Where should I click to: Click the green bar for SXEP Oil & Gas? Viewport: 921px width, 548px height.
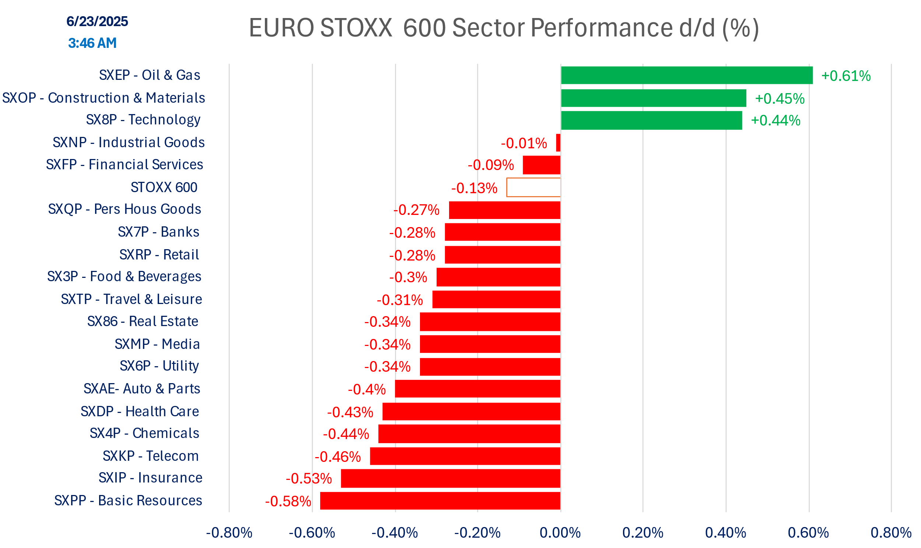687,75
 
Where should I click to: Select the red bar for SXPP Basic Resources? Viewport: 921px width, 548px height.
440,501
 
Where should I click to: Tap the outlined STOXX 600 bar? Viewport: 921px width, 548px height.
533,188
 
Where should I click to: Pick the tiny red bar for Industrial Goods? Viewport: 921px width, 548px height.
558,142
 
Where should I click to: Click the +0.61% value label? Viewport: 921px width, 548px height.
845,76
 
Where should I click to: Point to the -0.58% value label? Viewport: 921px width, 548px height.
288,502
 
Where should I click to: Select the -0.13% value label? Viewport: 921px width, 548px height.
474,188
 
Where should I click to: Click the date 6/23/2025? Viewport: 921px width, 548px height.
97,21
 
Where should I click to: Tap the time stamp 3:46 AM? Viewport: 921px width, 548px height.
92,43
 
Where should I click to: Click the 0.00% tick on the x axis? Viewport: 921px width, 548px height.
560,533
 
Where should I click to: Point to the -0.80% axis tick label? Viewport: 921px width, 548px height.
229,533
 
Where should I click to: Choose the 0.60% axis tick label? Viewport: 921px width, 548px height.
808,533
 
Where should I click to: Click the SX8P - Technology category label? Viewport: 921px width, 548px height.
143,120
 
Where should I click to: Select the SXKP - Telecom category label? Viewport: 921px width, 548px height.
151,456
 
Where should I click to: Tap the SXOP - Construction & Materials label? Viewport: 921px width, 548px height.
104,98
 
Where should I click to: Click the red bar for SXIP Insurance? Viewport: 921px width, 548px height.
450,478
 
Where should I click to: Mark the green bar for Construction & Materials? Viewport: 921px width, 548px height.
654,98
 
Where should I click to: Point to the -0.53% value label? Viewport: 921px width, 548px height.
309,479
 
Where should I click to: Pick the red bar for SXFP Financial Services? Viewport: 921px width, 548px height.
542,165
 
